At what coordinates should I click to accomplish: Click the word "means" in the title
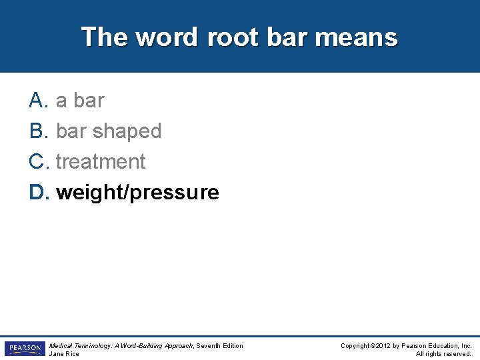tap(356, 37)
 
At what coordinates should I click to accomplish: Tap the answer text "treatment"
tap(101, 162)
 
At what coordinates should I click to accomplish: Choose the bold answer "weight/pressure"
tap(137, 193)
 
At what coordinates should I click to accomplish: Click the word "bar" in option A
tap(89, 101)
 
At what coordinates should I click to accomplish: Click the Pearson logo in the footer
tap(25, 349)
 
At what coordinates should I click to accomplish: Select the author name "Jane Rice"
tap(64, 354)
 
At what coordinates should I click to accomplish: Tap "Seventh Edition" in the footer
tap(220, 345)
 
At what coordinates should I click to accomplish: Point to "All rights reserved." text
tap(443, 354)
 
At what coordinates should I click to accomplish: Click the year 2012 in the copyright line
tap(385, 345)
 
